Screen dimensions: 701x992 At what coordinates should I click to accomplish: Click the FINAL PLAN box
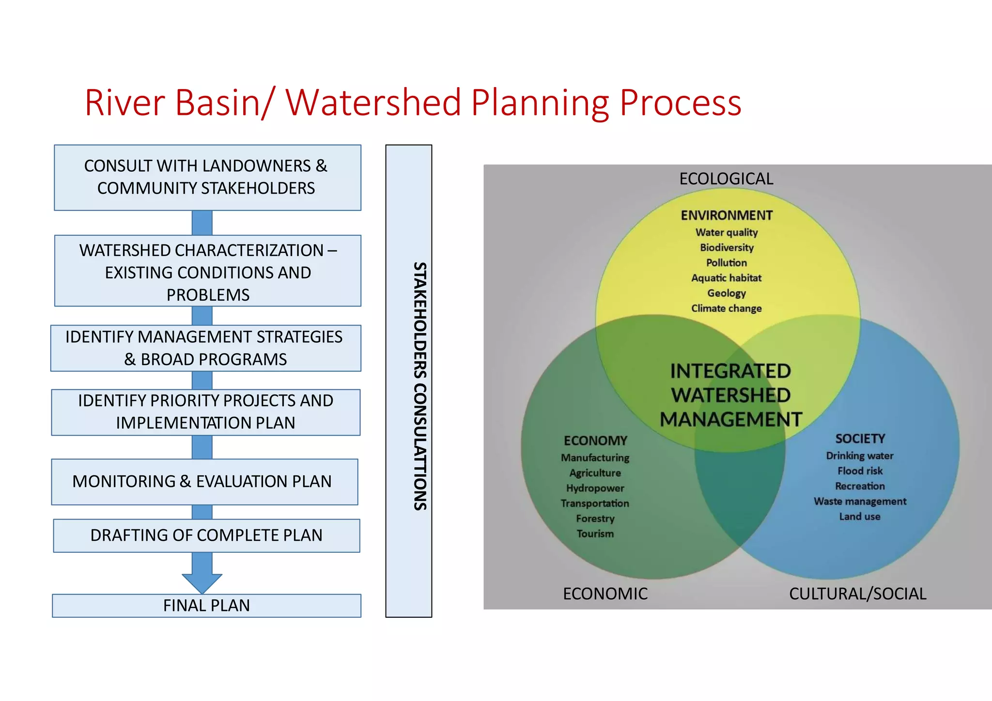[206, 606]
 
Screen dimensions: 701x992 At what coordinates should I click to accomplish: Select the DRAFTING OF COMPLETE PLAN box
[206, 535]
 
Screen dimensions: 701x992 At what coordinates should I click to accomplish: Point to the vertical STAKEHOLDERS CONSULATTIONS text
[419, 386]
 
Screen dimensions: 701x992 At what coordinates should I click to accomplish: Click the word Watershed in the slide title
[373, 103]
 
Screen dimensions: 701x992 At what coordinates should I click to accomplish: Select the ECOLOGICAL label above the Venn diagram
[726, 179]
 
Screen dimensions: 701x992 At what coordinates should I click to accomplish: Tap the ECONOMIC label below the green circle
[605, 594]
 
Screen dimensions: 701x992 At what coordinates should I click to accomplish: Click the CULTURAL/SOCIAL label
[857, 594]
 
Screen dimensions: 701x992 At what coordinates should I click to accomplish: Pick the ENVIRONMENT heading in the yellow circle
[727, 215]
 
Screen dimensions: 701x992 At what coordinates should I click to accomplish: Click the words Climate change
[726, 308]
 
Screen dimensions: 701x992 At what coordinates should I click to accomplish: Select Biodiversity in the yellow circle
[727, 247]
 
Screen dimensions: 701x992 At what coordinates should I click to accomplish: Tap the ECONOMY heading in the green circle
[595, 441]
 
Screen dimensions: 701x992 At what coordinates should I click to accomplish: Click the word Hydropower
[595, 488]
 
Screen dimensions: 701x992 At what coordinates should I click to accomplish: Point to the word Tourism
[595, 533]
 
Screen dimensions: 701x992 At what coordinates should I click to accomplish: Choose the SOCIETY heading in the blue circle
[860, 439]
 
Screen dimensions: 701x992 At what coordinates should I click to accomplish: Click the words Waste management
[860, 501]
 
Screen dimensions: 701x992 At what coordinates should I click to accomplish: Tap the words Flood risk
[860, 471]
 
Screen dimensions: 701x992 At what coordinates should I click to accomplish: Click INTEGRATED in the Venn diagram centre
[730, 371]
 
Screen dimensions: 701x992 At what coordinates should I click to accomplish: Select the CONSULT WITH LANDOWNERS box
[207, 177]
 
